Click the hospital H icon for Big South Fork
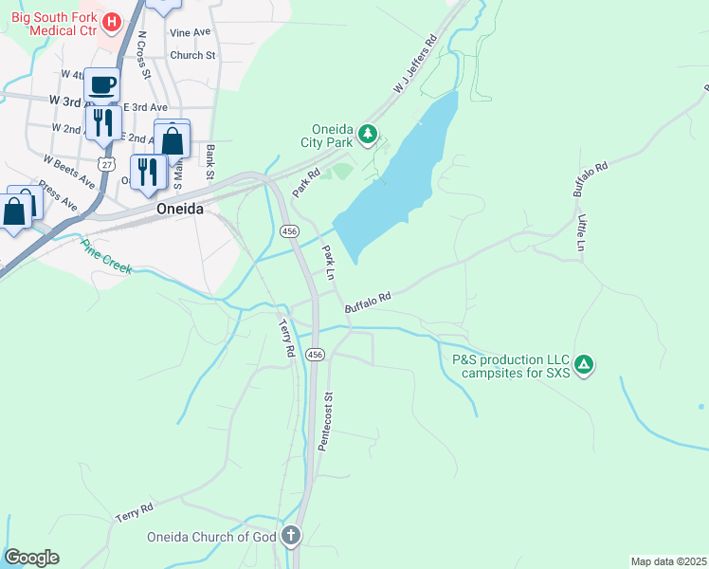[x=111, y=20]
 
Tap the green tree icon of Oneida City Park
[x=368, y=135]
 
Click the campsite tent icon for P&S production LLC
[x=585, y=364]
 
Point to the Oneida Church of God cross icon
[x=290, y=537]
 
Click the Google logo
[x=31, y=558]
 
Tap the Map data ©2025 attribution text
[x=668, y=560]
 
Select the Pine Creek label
[x=105, y=255]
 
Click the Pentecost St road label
[x=326, y=421]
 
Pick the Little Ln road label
[x=582, y=232]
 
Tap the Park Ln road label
[x=329, y=262]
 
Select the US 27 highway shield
[x=106, y=164]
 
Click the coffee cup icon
[x=102, y=84]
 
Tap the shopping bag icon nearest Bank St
[x=173, y=139]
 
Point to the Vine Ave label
[x=190, y=32]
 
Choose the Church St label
[x=192, y=55]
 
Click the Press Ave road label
[x=59, y=193]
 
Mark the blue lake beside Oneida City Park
[x=398, y=180]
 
